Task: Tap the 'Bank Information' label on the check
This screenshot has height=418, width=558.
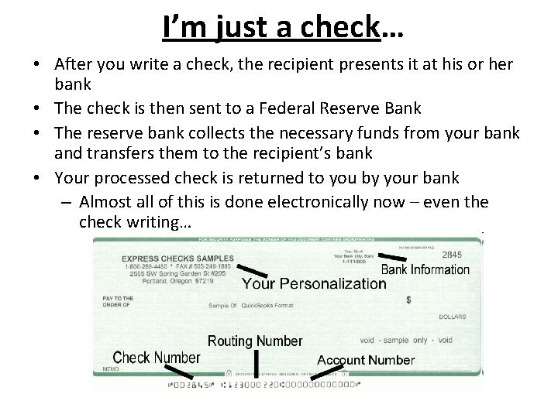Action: pos(425,270)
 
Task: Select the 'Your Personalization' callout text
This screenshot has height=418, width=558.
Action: pos(313,284)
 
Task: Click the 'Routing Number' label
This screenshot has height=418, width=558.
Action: pos(255,341)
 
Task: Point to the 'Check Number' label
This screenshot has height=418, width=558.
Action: pos(157,358)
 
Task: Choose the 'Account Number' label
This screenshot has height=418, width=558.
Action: pos(366,360)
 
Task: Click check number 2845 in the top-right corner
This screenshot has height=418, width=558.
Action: pos(453,255)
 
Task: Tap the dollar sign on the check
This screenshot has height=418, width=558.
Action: pos(408,299)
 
